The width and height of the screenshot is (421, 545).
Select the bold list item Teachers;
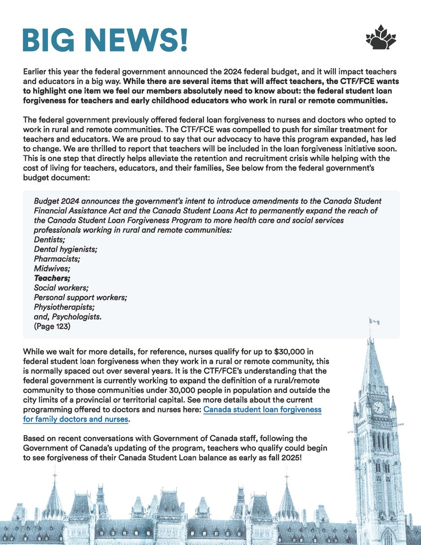tap(52, 278)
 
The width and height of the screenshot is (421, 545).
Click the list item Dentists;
tap(49, 240)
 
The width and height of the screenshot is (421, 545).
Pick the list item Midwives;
tap(50, 268)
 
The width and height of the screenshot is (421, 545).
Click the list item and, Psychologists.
tap(68, 316)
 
